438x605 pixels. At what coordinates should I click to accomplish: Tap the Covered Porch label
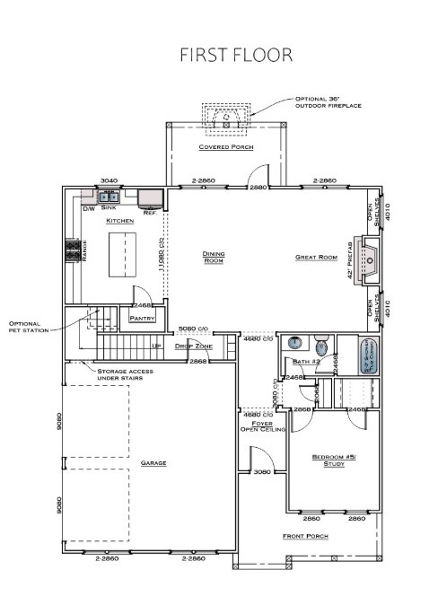coord(225,146)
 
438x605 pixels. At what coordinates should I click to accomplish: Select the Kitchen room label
coord(119,220)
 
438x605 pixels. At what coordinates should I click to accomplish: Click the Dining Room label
coord(213,258)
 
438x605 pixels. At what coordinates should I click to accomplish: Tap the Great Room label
coord(315,258)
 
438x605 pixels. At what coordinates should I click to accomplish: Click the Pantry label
coord(142,318)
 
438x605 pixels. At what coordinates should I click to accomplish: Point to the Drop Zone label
coord(193,346)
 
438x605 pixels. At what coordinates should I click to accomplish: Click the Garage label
coord(153,463)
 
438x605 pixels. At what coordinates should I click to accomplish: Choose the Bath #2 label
coord(306,362)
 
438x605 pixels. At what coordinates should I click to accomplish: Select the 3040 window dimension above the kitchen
coord(109,180)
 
